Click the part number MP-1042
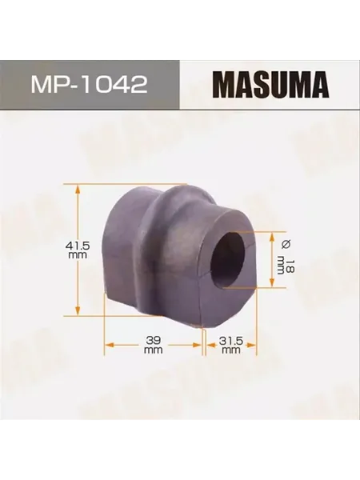point(90,85)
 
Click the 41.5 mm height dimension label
point(78,250)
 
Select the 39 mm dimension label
point(154,345)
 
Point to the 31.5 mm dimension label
point(231,345)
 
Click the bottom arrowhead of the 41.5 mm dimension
point(78,310)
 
